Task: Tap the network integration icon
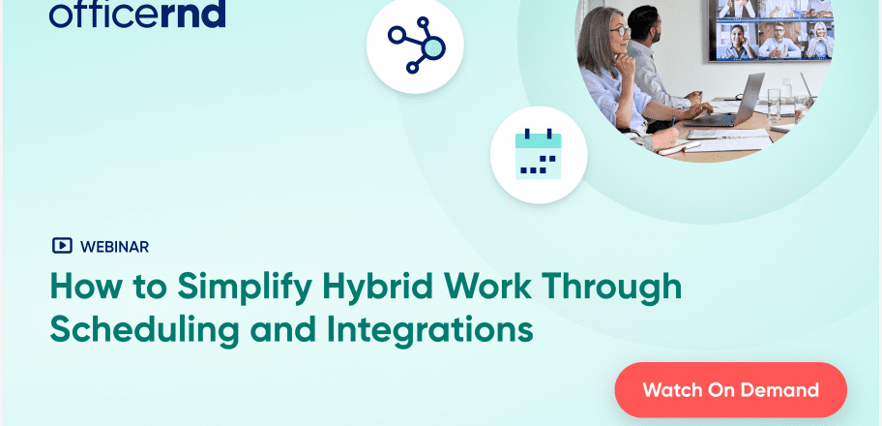(x=415, y=45)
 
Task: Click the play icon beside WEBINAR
(x=61, y=246)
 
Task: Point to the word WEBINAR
(x=115, y=246)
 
